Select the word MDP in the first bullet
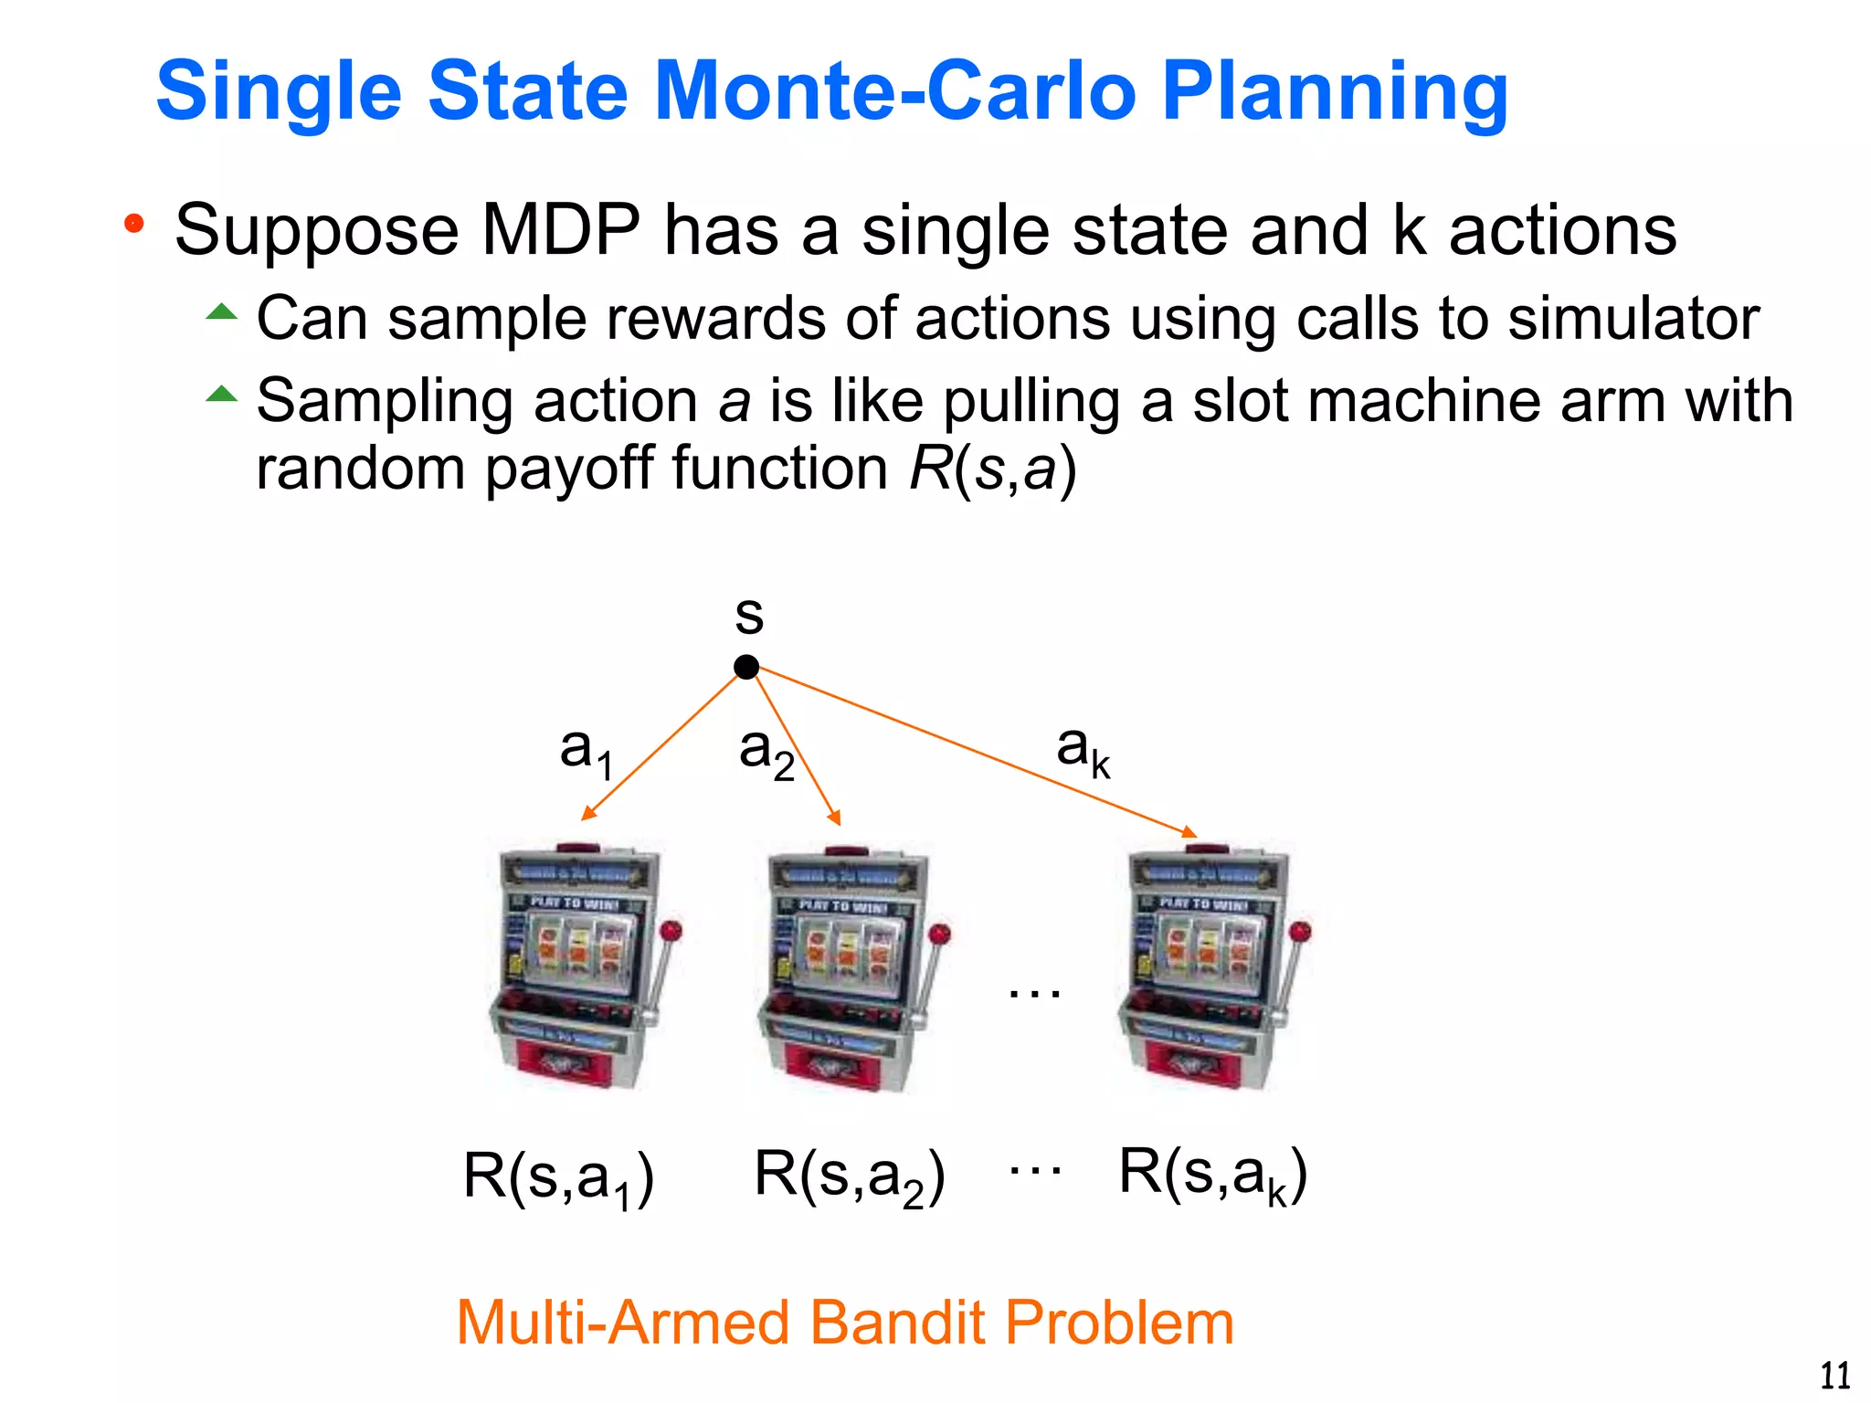click(560, 230)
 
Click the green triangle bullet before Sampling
click(221, 394)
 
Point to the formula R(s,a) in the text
click(993, 469)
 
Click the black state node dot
click(746, 668)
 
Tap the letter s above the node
click(749, 616)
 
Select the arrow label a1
click(586, 752)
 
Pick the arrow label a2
click(766, 753)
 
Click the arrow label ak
click(1083, 751)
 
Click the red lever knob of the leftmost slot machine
click(671, 931)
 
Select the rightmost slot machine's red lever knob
click(1301, 932)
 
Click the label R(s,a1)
click(558, 1178)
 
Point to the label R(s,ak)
click(1212, 1176)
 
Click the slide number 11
click(1834, 1376)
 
